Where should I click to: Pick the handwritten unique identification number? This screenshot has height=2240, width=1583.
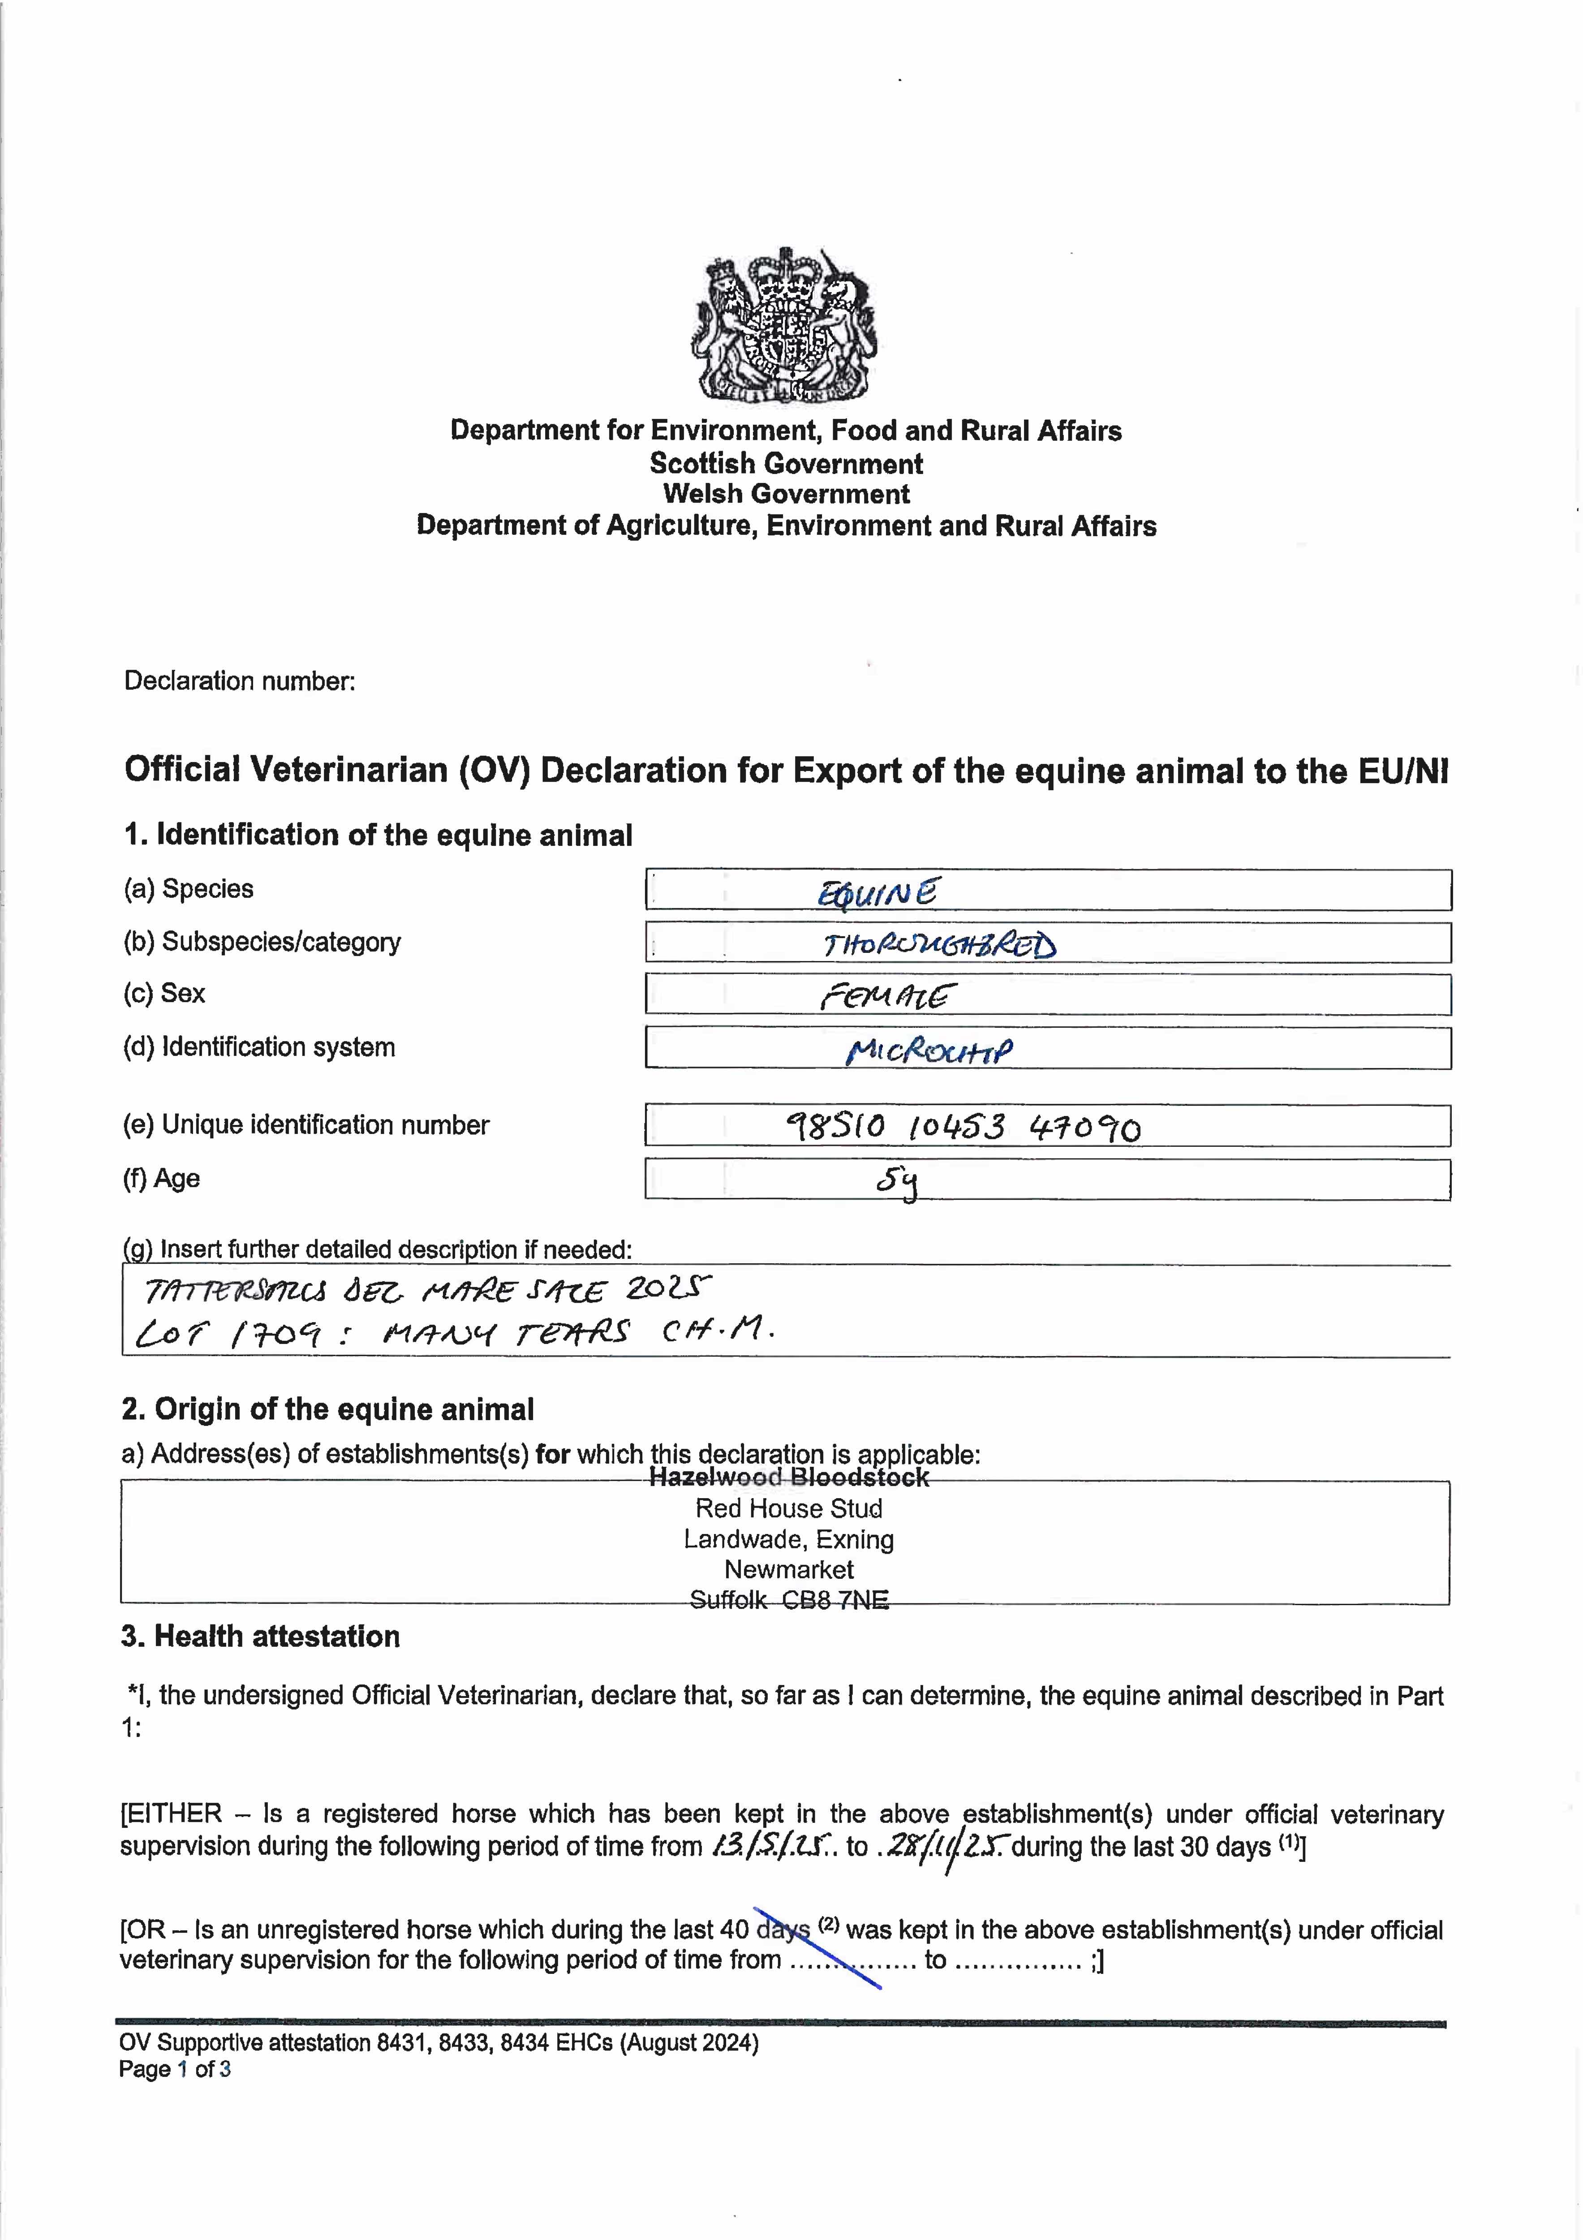coord(963,1128)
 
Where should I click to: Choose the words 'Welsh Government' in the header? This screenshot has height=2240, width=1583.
coord(786,494)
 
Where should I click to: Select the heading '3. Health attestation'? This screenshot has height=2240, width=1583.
coord(260,1636)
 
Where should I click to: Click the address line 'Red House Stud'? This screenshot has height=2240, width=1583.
coord(788,1508)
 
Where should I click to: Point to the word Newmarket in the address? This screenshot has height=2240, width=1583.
coord(788,1570)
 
